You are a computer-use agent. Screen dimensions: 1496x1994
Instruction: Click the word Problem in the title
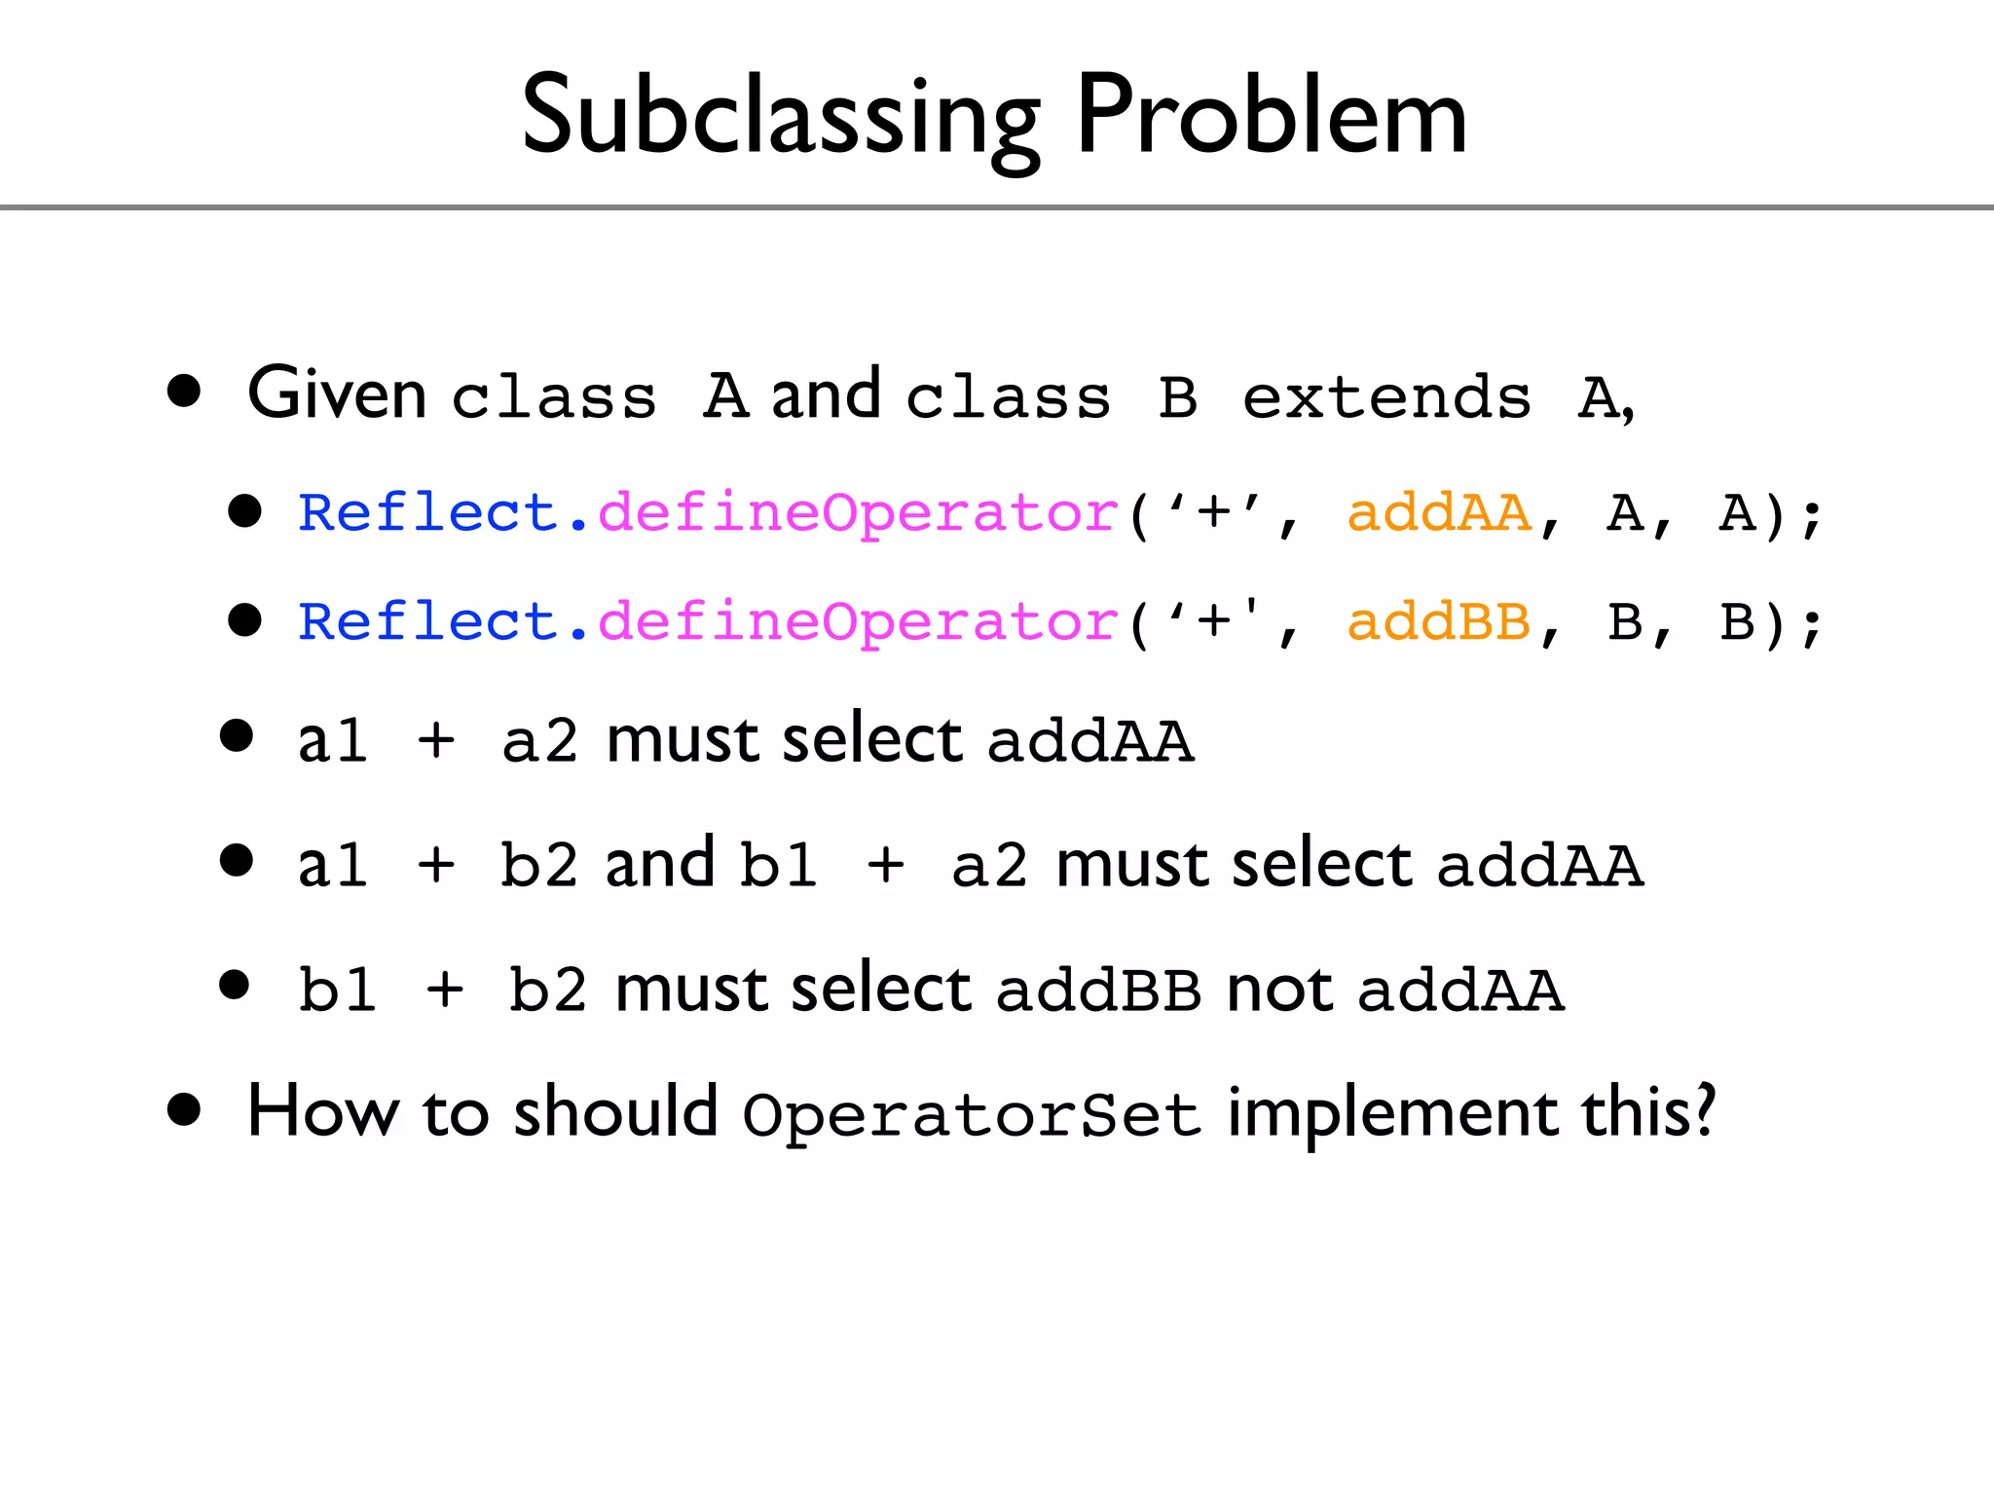1271,117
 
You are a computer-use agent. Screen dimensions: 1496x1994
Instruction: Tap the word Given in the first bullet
336,394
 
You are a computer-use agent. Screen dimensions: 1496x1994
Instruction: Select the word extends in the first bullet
1386,397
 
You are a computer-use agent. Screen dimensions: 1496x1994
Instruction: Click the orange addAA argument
1439,512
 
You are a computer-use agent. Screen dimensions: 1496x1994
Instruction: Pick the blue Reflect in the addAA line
426,512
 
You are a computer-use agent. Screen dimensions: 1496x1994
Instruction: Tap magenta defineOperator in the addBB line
857,623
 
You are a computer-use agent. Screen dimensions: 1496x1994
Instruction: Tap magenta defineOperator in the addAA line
857,514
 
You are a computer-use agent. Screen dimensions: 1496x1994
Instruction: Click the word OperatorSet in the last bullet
971,1115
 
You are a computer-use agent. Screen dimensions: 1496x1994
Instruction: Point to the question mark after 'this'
1703,1110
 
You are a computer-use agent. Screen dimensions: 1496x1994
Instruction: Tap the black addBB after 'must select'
1098,991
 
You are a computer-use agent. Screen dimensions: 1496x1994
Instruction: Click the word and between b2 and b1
659,864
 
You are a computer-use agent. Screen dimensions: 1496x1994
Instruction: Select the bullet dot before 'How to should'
184,1109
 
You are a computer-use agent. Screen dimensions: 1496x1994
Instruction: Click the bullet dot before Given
184,392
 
